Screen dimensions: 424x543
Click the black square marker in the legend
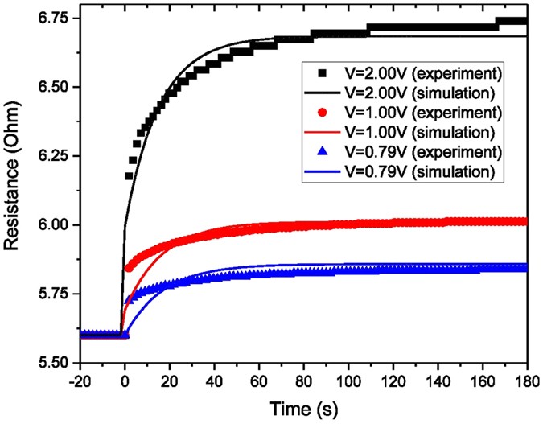point(322,74)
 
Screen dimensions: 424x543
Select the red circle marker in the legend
point(322,110)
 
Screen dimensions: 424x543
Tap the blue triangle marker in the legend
point(322,148)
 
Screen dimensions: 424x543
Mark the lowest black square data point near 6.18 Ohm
point(129,175)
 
